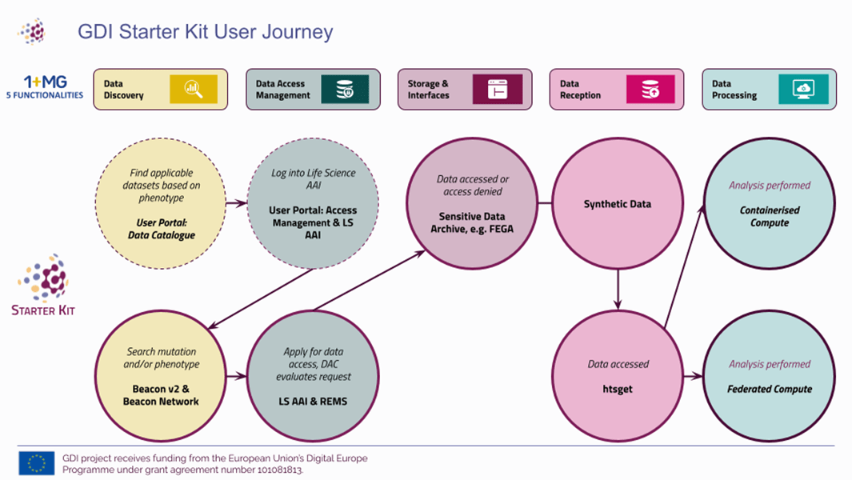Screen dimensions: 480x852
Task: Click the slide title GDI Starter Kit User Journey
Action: coord(205,32)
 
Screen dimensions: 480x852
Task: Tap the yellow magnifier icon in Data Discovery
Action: coord(193,90)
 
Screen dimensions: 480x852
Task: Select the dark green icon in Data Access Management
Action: coord(345,90)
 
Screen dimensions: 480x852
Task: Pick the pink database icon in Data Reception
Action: coord(650,90)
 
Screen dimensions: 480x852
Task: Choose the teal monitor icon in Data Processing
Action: coord(803,90)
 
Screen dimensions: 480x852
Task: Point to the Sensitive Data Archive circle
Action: coord(473,204)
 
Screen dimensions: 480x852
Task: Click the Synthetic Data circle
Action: coord(618,204)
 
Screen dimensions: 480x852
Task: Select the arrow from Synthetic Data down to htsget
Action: coord(618,288)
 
